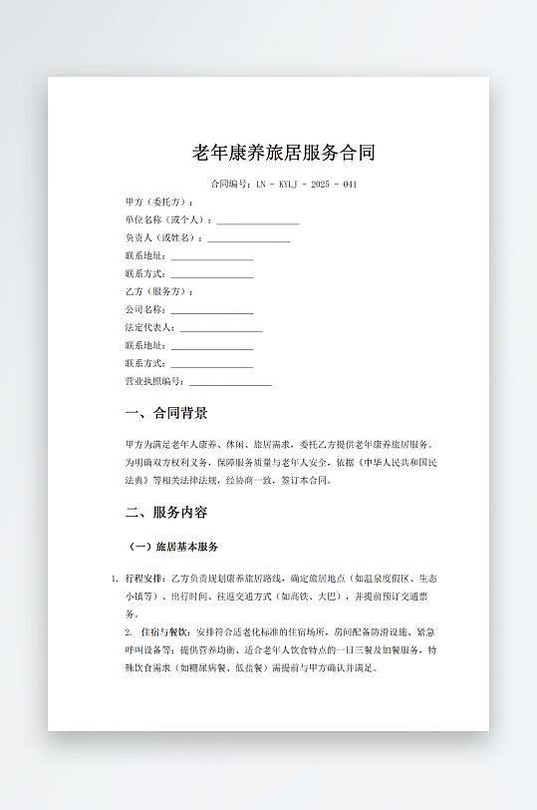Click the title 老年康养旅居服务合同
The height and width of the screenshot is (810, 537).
pos(284,153)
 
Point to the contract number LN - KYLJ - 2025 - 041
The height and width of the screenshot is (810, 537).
pos(307,185)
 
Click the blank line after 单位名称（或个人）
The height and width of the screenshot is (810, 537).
pos(258,221)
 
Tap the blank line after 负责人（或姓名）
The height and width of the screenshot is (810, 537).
pos(249,239)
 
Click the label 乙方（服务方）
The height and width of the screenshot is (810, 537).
pos(157,292)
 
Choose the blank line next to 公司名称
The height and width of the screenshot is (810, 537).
pos(212,311)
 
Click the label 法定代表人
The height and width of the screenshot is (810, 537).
pos(149,328)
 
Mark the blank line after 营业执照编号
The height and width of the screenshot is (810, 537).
pos(230,383)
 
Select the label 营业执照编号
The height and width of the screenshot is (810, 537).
pos(153,382)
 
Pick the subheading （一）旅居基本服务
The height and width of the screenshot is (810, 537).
pos(174,548)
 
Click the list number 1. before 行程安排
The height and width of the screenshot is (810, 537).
pos(115,579)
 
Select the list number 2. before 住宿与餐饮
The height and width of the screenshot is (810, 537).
pos(129,632)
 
